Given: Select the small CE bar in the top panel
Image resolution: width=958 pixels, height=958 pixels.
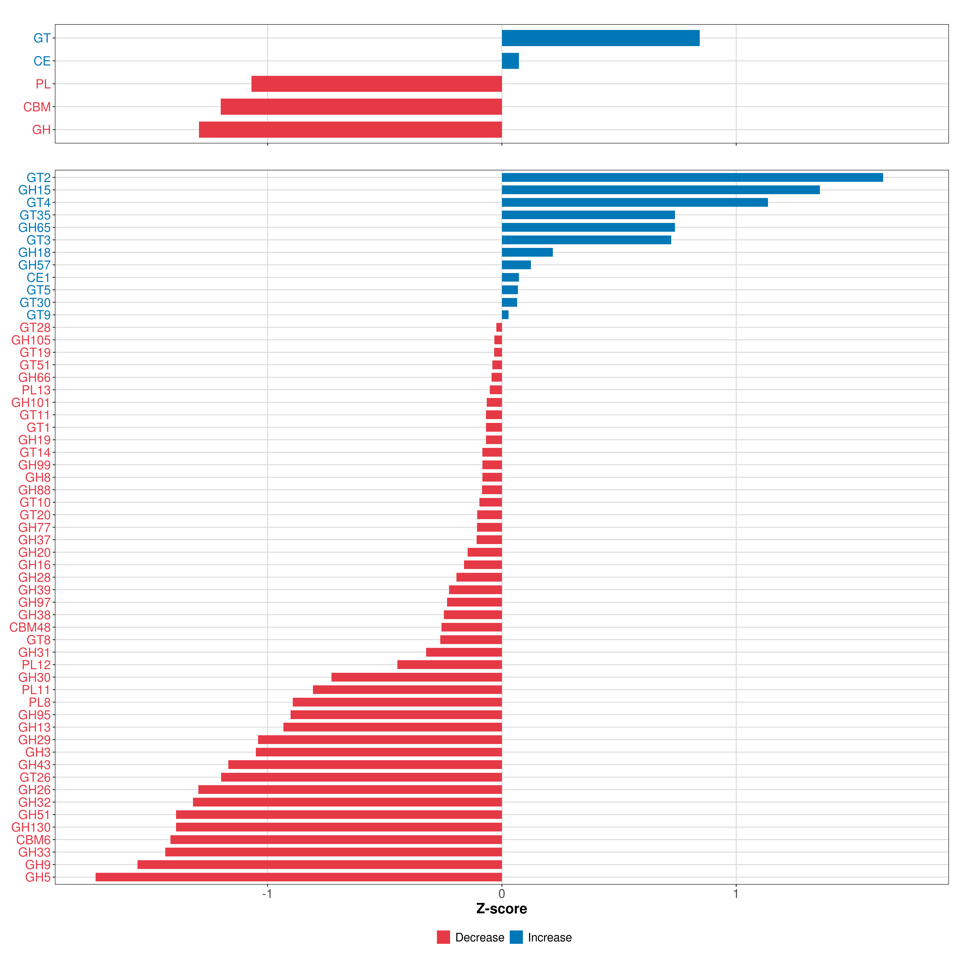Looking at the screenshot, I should (x=510, y=61).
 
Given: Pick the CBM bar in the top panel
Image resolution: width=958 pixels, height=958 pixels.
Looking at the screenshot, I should (x=361, y=107).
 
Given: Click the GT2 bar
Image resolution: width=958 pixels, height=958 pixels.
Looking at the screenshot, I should (x=692, y=177).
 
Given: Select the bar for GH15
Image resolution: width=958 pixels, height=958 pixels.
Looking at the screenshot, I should (x=660, y=190).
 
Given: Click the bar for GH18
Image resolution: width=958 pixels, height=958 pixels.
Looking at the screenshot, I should (x=527, y=252).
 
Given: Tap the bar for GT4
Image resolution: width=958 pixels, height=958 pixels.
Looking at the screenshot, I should (x=635, y=202).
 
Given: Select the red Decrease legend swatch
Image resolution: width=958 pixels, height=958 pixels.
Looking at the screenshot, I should (x=443, y=937).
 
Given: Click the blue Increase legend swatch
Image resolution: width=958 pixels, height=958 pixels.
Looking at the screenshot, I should (x=516, y=937).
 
